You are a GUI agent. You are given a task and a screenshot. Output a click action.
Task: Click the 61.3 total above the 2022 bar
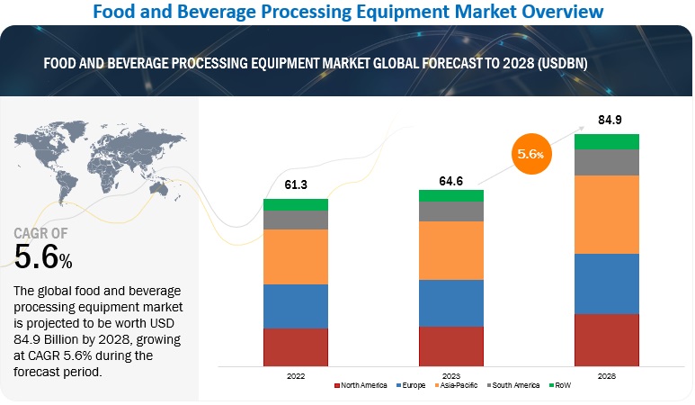(295, 184)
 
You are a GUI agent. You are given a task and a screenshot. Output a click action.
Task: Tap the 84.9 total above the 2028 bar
(607, 119)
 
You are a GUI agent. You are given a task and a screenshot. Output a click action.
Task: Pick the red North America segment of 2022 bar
(295, 346)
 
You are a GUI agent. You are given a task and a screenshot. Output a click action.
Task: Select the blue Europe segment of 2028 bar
(607, 283)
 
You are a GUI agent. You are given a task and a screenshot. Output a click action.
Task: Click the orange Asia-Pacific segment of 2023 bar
(450, 250)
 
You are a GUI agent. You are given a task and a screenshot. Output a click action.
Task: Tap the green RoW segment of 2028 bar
(607, 141)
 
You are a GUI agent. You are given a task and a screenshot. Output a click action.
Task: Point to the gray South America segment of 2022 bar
(295, 220)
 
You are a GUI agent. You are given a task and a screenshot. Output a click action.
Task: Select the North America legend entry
(361, 385)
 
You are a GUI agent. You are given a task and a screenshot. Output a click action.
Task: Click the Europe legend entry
(413, 385)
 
